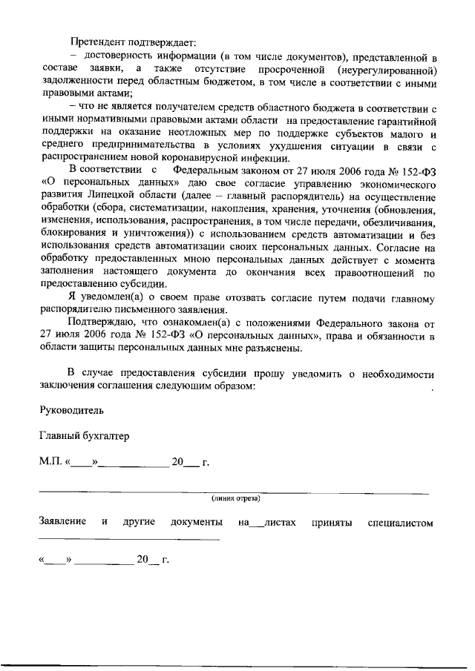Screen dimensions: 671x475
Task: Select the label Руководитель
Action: pos(72,410)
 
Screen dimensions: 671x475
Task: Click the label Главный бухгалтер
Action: pos(84,436)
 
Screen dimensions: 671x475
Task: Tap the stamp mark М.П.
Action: pos(51,463)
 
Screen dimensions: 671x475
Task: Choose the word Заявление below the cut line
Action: pos(62,523)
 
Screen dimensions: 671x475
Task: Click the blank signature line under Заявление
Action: pos(129,539)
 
